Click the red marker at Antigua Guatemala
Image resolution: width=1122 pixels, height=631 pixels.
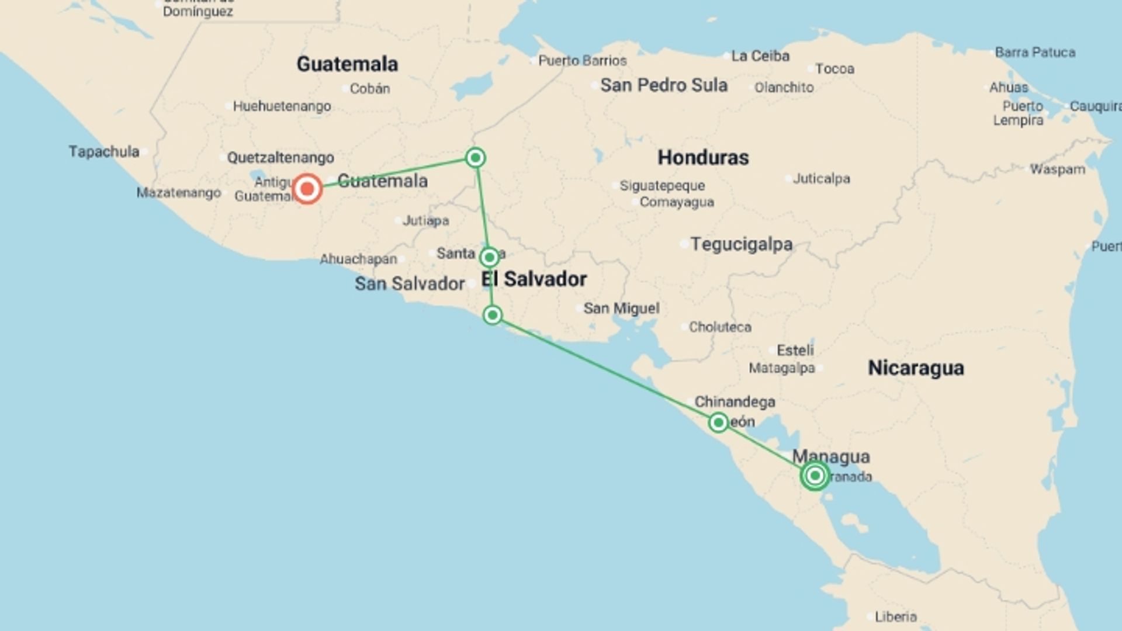[307, 189]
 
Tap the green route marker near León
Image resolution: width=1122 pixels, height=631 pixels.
[718, 422]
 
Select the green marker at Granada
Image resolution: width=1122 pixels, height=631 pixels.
[815, 476]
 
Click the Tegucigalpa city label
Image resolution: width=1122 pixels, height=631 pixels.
[741, 244]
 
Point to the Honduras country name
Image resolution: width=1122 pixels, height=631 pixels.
[703, 157]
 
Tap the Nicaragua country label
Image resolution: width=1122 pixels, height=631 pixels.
[916, 368]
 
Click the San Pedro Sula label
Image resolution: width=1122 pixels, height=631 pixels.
[664, 85]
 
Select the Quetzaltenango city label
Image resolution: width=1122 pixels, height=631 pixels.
[280, 158]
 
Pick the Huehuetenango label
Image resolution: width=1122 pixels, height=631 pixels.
[282, 106]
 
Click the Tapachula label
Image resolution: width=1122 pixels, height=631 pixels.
[104, 152]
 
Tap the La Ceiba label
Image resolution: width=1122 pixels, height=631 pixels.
[760, 56]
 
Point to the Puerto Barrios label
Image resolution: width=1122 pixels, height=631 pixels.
[582, 61]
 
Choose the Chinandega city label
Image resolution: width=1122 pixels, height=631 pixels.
[735, 402]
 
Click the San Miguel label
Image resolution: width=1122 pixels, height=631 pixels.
[621, 308]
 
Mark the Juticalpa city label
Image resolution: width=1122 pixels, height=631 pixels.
[821, 179]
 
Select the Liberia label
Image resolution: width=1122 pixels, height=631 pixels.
[895, 617]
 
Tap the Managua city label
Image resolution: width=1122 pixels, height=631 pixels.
[831, 456]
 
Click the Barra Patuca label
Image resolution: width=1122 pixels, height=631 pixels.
[1035, 53]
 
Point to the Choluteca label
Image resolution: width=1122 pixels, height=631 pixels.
[720, 327]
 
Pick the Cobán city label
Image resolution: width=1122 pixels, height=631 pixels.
[369, 89]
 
